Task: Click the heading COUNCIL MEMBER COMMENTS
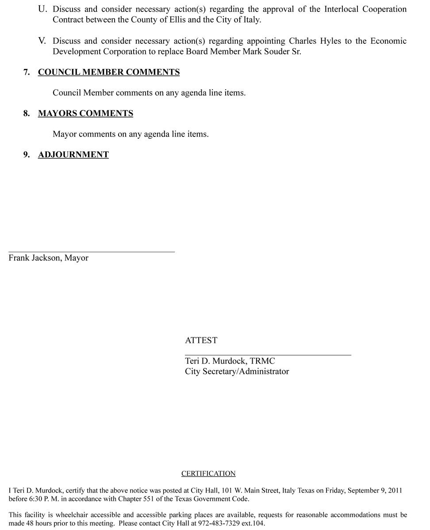tap(109, 72)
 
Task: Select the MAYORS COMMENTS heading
tap(85, 114)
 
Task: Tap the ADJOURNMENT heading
tap(73, 155)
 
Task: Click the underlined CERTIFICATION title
tap(208, 473)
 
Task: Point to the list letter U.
tap(43, 9)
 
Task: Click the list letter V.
tap(42, 41)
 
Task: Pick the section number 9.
tap(27, 155)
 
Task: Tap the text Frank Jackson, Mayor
tap(49, 258)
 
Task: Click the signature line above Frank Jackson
tap(92, 252)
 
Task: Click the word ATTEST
tap(201, 341)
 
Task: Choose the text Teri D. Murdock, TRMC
tap(230, 361)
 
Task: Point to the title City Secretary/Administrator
tap(237, 371)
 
